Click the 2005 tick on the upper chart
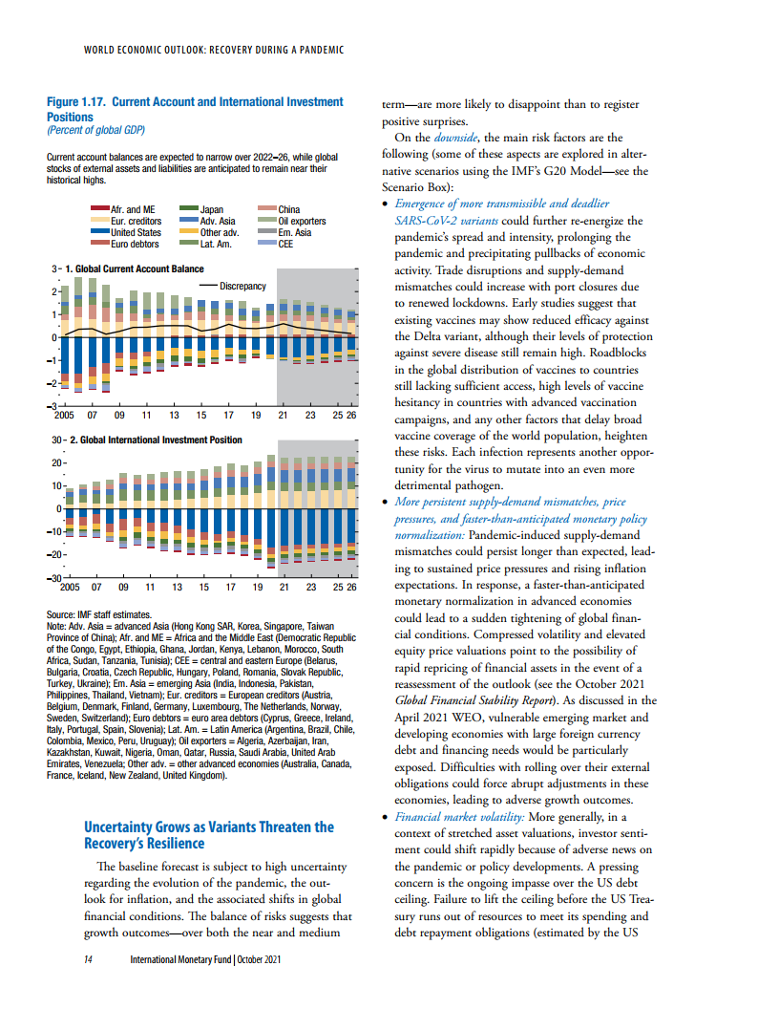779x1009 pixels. click(x=64, y=415)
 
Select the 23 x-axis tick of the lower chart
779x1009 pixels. click(x=311, y=587)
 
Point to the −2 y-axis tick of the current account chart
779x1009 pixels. click(x=54, y=383)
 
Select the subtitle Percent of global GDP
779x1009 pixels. click(x=95, y=130)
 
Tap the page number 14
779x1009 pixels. click(x=88, y=959)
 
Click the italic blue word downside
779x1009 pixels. click(x=455, y=138)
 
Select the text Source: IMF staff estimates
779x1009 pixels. click(x=99, y=614)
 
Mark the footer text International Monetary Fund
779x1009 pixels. click(x=180, y=959)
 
